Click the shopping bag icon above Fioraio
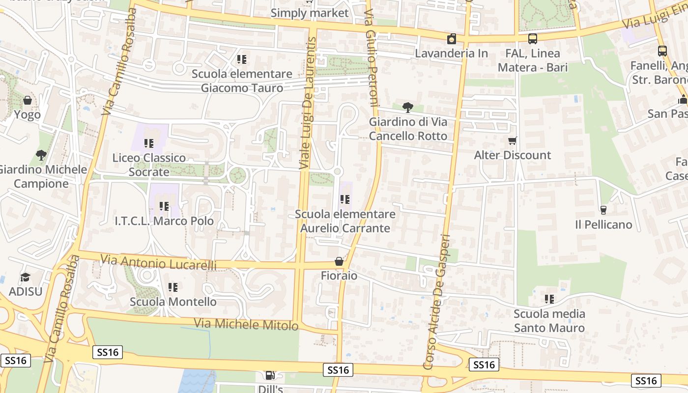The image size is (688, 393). point(339,261)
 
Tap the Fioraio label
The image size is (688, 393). point(339,276)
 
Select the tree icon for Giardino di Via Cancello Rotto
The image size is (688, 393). point(407,107)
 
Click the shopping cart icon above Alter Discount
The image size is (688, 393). point(513,141)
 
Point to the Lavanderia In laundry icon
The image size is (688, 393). point(452,39)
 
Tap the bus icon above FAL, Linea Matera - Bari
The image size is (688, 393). point(533,39)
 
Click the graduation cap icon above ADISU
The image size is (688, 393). point(25,278)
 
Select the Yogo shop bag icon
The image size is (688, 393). point(28,100)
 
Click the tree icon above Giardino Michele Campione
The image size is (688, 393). point(41,155)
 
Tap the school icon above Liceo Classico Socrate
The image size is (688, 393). point(149,143)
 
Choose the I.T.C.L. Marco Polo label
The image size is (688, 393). point(164,221)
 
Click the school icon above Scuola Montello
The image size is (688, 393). point(172,287)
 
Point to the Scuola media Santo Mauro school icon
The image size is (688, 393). point(549,299)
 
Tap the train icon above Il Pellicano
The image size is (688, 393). point(603,210)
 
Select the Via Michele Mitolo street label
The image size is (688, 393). point(246,324)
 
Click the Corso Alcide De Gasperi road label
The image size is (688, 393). point(436,302)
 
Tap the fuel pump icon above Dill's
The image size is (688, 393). point(270,376)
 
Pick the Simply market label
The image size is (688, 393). point(310,13)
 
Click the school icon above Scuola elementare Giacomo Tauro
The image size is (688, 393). point(242,59)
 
